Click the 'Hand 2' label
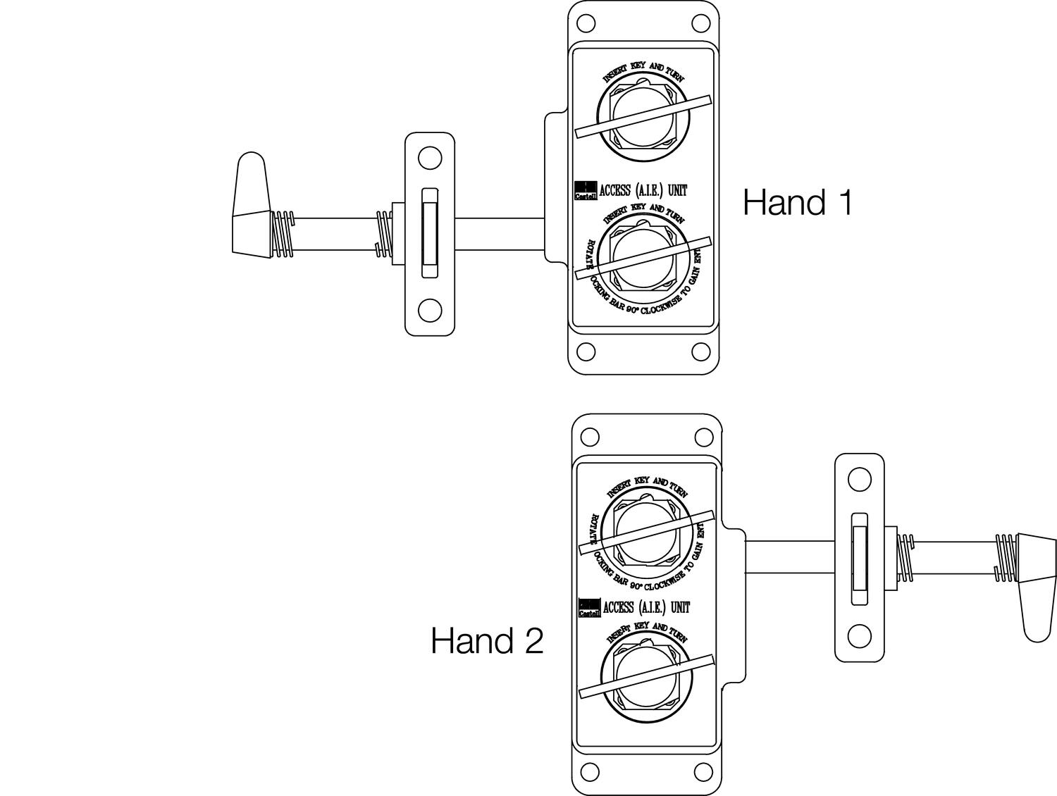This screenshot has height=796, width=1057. click(487, 641)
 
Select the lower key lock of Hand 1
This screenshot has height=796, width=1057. click(643, 256)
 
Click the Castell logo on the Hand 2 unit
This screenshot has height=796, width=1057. click(589, 608)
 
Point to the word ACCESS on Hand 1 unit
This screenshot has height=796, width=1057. click(614, 190)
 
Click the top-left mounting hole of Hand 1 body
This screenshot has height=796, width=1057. click(586, 23)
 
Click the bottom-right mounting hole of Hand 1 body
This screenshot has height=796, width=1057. click(700, 352)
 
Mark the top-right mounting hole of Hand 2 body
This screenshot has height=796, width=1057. click(703, 437)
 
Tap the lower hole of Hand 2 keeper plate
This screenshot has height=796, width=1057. click(859, 636)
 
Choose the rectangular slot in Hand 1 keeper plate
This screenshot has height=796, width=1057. click(429, 233)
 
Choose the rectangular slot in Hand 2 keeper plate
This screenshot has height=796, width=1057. click(860, 559)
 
